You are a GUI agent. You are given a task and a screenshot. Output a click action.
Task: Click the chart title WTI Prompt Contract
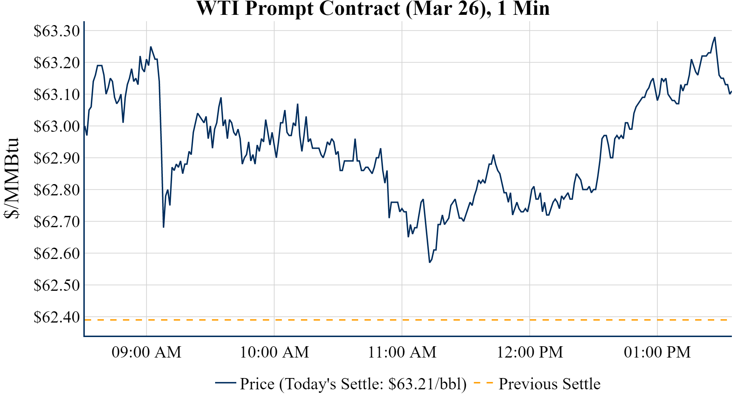373,8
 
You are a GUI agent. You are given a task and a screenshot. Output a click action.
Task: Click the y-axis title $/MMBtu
11,178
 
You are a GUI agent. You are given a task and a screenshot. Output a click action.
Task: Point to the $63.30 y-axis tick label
57,31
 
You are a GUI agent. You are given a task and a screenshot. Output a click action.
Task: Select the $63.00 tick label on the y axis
57,126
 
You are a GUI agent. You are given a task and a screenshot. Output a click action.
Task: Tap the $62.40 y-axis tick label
57,317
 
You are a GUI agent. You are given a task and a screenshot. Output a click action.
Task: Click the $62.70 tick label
57,222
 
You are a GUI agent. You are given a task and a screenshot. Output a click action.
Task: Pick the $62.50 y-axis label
57,285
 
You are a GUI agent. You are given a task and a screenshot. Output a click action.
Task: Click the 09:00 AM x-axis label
147,352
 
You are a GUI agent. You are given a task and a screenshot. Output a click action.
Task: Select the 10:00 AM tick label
274,352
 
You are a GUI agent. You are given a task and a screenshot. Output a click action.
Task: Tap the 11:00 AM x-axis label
402,352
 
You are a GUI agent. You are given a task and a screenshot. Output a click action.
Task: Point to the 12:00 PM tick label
530,352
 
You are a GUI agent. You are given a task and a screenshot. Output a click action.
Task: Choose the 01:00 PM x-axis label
657,352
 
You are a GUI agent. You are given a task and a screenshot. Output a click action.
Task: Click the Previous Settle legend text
549,384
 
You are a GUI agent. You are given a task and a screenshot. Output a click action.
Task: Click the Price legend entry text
353,384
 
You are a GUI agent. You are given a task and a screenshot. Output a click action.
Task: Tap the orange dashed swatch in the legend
483,383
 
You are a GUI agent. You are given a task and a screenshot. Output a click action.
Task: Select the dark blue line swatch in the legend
225,383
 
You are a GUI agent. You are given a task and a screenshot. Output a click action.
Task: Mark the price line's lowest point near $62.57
430,262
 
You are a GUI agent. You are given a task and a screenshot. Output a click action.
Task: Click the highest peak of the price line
715,37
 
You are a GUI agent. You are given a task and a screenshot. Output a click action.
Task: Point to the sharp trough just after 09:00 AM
164,227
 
